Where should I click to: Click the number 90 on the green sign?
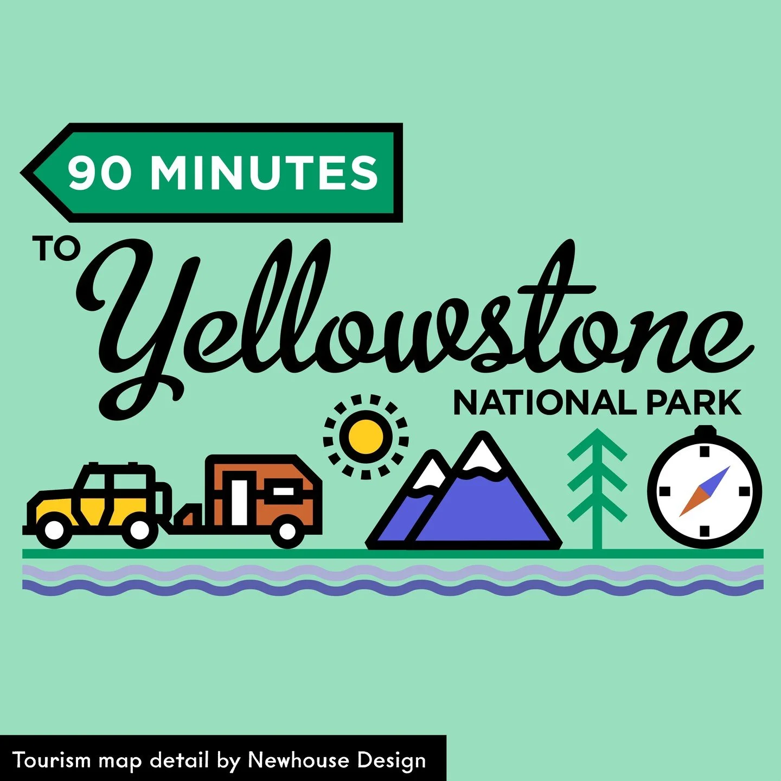[x=100, y=172]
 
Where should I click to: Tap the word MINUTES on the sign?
[x=264, y=172]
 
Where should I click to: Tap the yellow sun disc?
[x=366, y=437]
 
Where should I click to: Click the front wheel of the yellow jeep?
[x=54, y=530]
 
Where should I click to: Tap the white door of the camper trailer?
[x=239, y=502]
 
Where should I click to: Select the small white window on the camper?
[x=283, y=491]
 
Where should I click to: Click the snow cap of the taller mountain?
[x=481, y=456]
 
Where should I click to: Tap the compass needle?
[x=705, y=491]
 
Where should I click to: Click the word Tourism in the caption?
[x=52, y=760]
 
